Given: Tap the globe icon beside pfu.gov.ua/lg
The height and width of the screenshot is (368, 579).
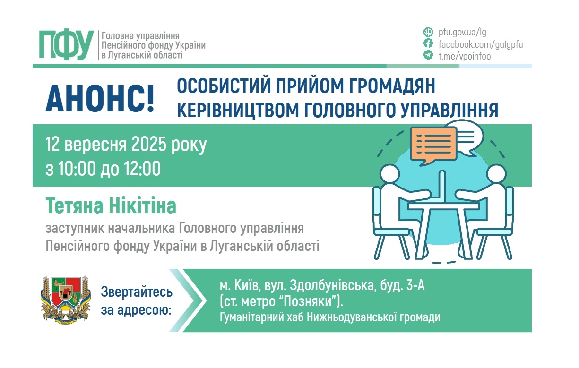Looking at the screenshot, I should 428,33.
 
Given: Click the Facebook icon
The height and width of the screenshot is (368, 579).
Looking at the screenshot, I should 428,44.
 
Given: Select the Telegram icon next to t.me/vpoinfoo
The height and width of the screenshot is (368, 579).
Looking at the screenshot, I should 428,55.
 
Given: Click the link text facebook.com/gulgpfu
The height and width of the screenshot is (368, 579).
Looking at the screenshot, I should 481,44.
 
